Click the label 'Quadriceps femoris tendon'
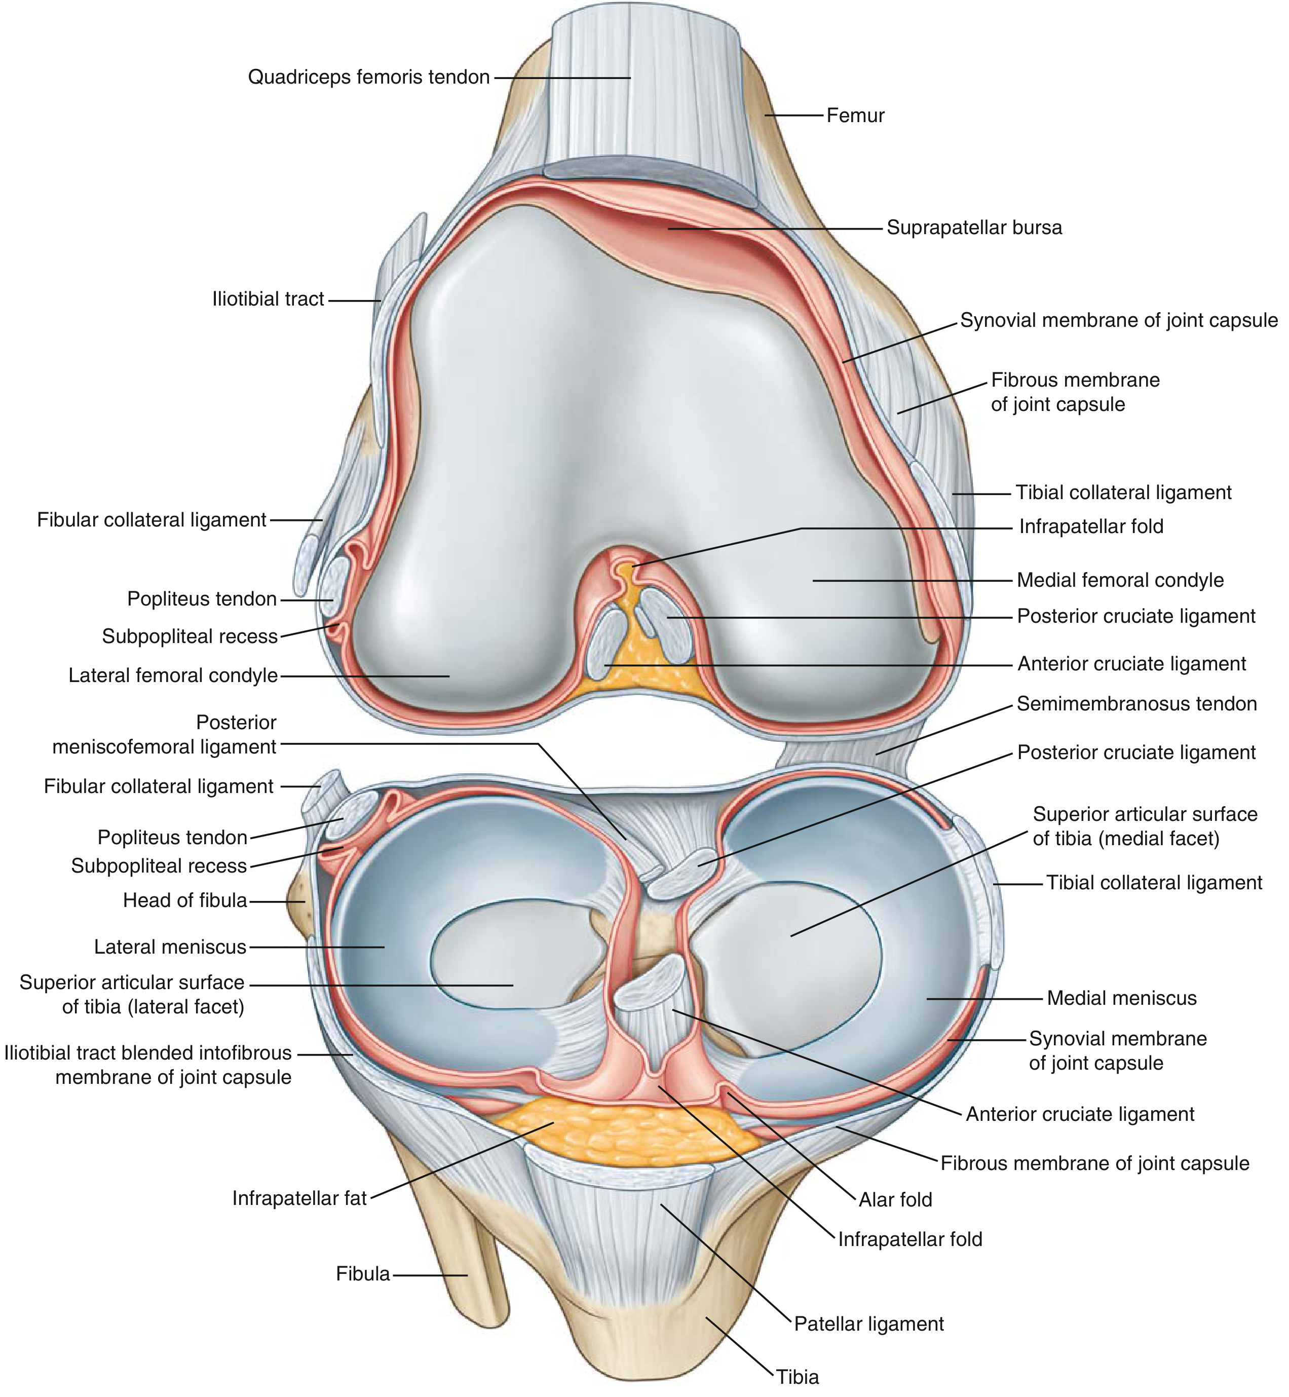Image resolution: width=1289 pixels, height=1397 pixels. pos(369,77)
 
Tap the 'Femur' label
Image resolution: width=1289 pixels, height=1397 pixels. pos(855,115)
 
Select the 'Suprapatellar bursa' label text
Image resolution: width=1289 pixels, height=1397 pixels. pos(974,228)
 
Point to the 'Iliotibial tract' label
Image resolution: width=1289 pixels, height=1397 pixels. pos(269,299)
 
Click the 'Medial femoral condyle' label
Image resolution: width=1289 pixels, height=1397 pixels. pos(1120,580)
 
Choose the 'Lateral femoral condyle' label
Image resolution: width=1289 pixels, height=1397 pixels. pos(173,675)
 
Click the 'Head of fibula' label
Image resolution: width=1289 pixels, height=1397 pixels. pos(185,900)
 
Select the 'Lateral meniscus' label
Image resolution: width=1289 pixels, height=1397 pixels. pos(170,947)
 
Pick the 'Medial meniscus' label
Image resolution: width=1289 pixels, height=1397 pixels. pos(1122,998)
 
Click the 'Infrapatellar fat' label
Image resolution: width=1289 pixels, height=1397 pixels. pos(299,1198)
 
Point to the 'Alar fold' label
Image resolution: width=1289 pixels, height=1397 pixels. pos(896,1199)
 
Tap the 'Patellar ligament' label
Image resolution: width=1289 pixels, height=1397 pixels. pos(869,1324)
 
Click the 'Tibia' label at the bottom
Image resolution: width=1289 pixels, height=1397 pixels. pos(798,1377)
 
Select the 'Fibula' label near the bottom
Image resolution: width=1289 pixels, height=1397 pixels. pos(363,1273)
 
